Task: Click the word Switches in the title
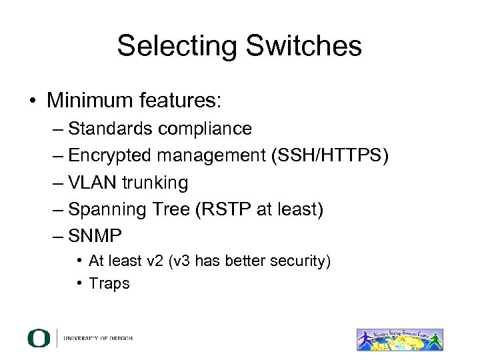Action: [306, 46]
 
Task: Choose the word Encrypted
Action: [109, 155]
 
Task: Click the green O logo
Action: [39, 338]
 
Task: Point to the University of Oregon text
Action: [98, 339]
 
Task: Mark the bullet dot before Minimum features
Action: [32, 101]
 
